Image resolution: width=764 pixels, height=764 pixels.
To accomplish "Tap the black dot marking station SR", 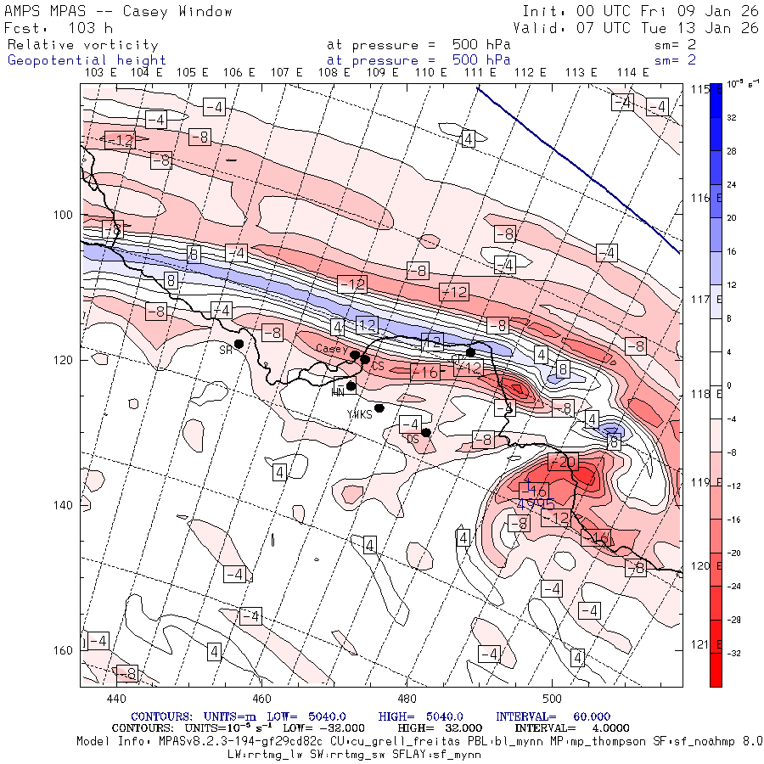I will [x=239, y=344].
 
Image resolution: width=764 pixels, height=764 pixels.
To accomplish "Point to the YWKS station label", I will [x=360, y=414].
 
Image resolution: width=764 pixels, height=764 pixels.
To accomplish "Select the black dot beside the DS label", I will [x=426, y=432].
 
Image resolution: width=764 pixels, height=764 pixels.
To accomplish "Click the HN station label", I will [x=338, y=391].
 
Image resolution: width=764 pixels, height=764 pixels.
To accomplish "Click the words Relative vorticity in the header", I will [x=83, y=45].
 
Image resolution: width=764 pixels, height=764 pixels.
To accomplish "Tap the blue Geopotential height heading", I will [x=87, y=60].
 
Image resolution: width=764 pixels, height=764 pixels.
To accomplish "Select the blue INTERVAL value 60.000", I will [x=594, y=716].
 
